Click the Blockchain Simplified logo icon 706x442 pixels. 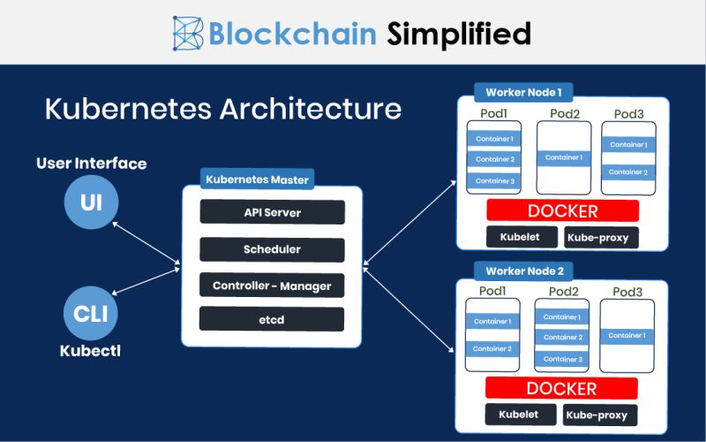click(x=189, y=33)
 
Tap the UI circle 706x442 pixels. click(x=91, y=202)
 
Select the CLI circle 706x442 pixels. click(x=91, y=314)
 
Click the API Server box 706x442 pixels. click(x=272, y=213)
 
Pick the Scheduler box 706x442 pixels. click(x=272, y=249)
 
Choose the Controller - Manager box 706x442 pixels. click(x=272, y=286)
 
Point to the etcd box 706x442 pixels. click(x=272, y=318)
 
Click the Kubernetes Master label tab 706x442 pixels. click(x=257, y=179)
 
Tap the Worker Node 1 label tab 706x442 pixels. click(x=523, y=91)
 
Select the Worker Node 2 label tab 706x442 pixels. click(x=524, y=271)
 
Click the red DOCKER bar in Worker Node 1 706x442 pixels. click(x=562, y=211)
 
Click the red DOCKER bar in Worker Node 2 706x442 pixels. click(x=562, y=389)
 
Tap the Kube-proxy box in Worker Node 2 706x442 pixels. click(x=597, y=415)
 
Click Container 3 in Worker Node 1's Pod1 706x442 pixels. click(x=494, y=180)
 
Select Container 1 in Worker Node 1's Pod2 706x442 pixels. click(x=563, y=157)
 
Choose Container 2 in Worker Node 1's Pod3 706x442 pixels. click(x=628, y=171)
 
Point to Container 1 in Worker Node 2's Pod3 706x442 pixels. click(x=627, y=335)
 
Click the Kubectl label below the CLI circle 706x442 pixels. click(x=90, y=350)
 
